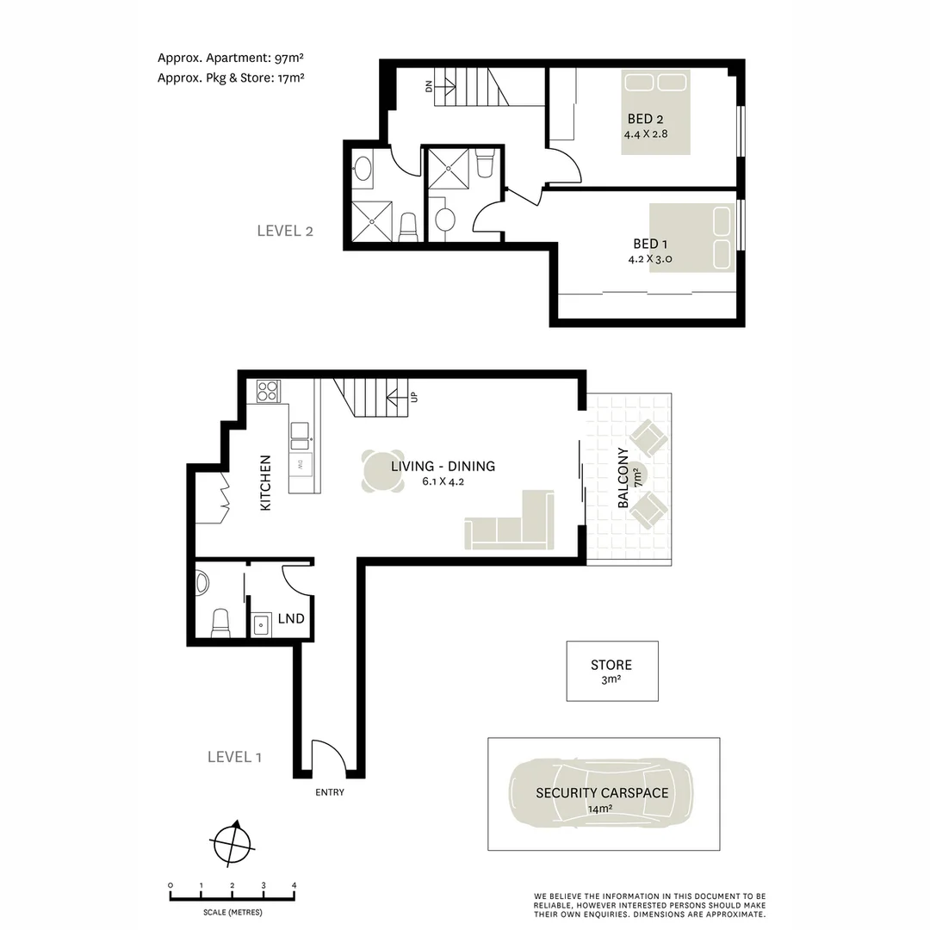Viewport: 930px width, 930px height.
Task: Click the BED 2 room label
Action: click(x=645, y=119)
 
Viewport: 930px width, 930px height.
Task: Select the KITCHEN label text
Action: click(x=266, y=483)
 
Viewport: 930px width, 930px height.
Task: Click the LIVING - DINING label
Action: click(x=443, y=466)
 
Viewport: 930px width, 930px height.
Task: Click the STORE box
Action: click(x=611, y=671)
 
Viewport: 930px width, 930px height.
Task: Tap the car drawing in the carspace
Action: click(x=602, y=793)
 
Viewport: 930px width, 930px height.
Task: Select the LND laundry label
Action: click(x=290, y=619)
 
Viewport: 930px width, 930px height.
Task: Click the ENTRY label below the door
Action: click(x=330, y=792)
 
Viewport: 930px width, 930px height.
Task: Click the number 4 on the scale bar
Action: click(x=294, y=885)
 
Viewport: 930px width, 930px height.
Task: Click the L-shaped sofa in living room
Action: click(x=512, y=525)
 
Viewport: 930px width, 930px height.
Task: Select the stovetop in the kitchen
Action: click(x=268, y=392)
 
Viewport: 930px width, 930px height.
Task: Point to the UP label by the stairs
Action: click(x=414, y=398)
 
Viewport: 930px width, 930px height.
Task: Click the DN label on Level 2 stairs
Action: click(x=428, y=86)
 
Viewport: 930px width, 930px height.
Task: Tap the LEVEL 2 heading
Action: click(x=285, y=231)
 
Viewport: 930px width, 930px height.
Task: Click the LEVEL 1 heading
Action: click(x=234, y=757)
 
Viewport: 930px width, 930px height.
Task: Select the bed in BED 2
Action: click(x=656, y=112)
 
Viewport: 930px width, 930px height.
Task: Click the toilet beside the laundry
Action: click(x=220, y=622)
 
